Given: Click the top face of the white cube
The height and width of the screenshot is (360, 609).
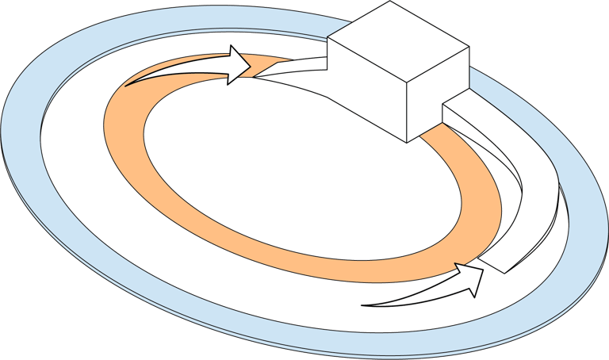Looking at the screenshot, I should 399,42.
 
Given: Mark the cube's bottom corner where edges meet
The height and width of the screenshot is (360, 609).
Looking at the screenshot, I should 407,142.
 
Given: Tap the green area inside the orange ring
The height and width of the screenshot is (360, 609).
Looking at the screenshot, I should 301,167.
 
